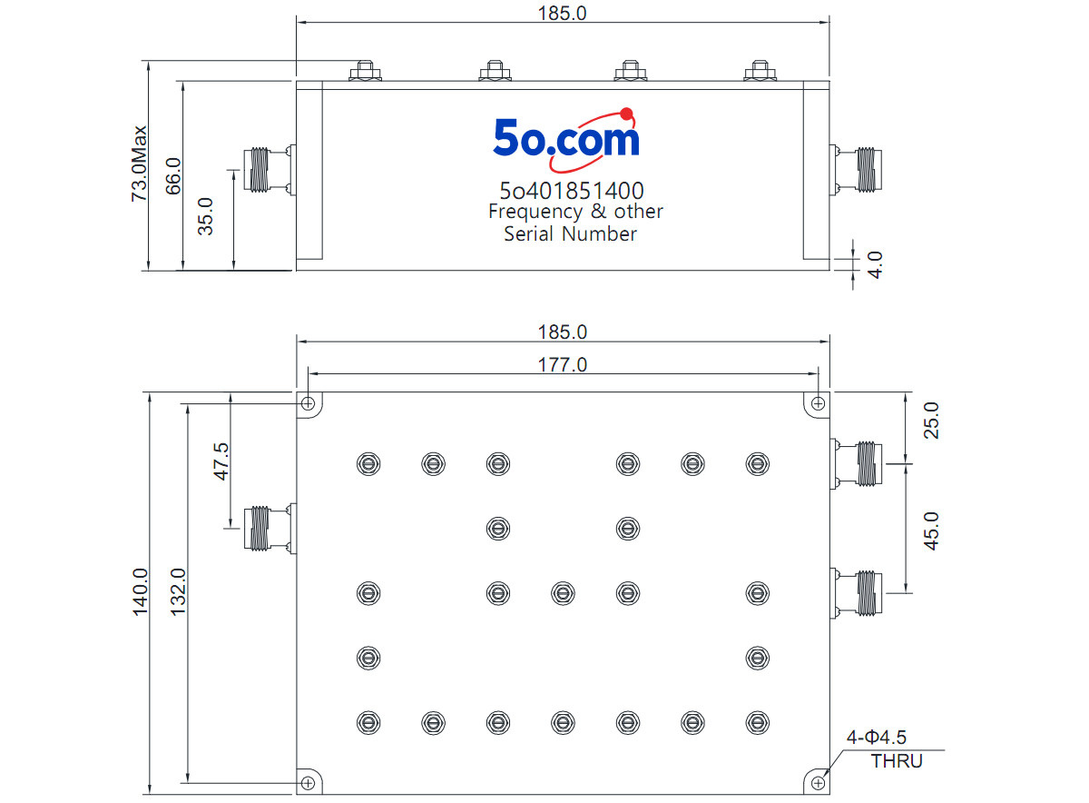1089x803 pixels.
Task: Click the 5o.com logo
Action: click(566, 140)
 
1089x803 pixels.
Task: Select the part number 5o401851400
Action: click(572, 191)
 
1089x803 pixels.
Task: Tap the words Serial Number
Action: click(570, 234)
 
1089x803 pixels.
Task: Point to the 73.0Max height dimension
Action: click(139, 164)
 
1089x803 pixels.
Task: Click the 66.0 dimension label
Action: click(173, 176)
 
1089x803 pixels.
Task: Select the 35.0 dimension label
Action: click(205, 216)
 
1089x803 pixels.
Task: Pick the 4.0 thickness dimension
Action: click(875, 265)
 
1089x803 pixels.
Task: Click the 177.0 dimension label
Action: click(563, 365)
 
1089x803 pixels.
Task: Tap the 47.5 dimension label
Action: click(221, 461)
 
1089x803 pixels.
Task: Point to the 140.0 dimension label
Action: click(141, 591)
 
